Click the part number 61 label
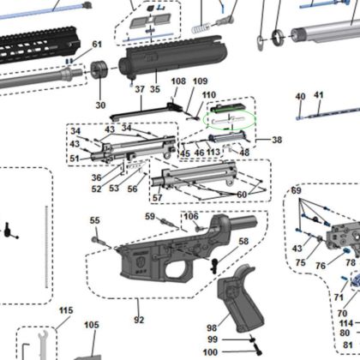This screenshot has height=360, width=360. [96, 44]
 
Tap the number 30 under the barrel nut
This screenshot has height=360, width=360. [100, 105]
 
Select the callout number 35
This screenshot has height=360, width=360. [154, 88]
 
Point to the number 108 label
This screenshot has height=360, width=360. [178, 81]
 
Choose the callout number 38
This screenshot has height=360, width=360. [276, 139]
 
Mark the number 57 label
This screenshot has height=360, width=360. [158, 197]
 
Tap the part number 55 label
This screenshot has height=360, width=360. [95, 221]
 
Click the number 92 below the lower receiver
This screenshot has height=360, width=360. [139, 320]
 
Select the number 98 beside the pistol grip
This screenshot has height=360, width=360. [211, 327]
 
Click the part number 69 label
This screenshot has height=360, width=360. [297, 189]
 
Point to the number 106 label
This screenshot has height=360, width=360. [190, 216]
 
